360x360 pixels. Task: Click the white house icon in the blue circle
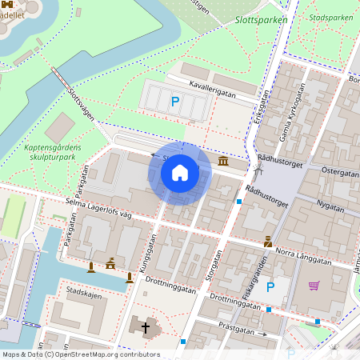(180, 173)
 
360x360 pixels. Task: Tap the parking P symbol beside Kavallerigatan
(175, 101)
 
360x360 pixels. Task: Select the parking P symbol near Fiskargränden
(270, 286)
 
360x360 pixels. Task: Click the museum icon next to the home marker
(222, 162)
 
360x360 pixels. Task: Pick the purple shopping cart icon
(314, 286)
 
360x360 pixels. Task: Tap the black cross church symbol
(146, 326)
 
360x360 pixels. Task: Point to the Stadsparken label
(331, 17)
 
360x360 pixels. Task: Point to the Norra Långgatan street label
(302, 257)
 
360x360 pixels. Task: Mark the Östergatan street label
(339, 172)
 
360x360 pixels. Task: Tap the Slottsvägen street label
(81, 104)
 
